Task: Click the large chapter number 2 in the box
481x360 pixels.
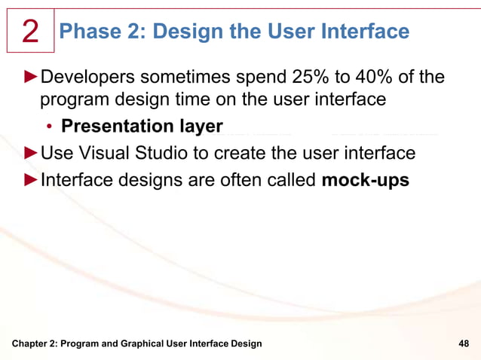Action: coord(30,31)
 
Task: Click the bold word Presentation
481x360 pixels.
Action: coord(123,127)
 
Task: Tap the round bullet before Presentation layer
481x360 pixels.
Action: coord(48,127)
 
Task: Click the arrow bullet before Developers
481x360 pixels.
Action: coord(31,78)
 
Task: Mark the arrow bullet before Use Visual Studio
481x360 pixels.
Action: coord(31,154)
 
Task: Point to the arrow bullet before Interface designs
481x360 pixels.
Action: coord(31,180)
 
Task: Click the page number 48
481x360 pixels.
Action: coord(464,343)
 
